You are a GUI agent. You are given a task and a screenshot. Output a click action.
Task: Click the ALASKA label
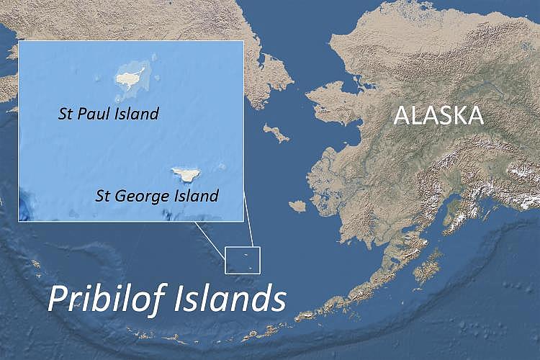pos(437,115)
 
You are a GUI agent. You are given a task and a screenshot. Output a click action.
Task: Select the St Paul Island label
pos(108,114)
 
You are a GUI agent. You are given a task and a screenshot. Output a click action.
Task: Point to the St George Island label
pos(157,196)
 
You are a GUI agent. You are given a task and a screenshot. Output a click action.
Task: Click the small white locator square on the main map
pos(241,260)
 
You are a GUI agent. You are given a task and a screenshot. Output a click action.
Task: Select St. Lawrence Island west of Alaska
pos(276,132)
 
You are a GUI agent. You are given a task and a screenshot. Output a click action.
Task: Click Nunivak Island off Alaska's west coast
pos(297,206)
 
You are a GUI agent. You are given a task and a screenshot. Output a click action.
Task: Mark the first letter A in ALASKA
pos(401,115)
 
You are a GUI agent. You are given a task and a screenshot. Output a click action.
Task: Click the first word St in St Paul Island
pos(66,114)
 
